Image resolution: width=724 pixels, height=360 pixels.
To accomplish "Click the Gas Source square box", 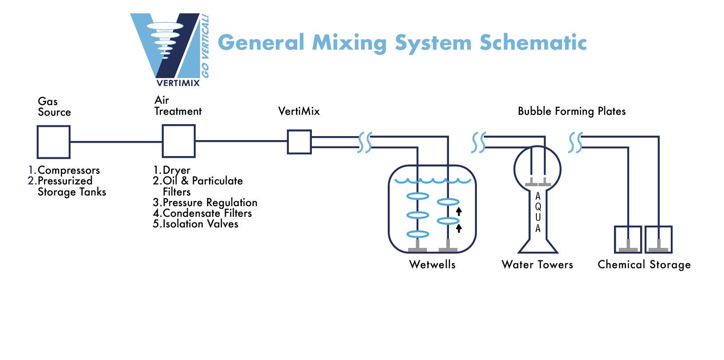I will (x=53, y=142).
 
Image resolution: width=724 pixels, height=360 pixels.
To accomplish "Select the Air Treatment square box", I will (x=178, y=141).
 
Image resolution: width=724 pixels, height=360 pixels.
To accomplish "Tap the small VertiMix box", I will (x=299, y=142).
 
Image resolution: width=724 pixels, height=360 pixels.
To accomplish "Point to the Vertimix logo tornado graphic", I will (x=165, y=38).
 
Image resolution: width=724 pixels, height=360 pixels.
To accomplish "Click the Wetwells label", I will (x=432, y=265).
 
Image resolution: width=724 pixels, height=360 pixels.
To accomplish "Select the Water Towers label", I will (x=537, y=265).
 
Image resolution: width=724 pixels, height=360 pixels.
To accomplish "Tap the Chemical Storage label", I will (x=644, y=265).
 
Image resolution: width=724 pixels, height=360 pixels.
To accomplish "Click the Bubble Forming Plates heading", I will (x=571, y=111).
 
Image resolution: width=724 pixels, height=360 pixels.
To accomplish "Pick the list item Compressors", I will (x=68, y=170).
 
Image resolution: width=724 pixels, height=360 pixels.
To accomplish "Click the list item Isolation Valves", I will (x=200, y=224).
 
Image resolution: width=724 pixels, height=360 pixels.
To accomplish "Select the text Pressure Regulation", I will (x=210, y=203).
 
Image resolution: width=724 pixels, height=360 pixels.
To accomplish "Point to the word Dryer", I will (x=176, y=170).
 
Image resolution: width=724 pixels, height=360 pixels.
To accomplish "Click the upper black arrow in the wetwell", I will (x=459, y=211).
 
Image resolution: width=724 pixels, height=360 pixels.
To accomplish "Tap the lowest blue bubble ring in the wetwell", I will (x=417, y=234).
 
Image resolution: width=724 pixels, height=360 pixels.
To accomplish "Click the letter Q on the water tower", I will (x=538, y=207).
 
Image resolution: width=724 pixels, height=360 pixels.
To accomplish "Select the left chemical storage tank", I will (x=628, y=239).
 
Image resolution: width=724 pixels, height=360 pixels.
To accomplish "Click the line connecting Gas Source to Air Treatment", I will (x=116, y=142).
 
